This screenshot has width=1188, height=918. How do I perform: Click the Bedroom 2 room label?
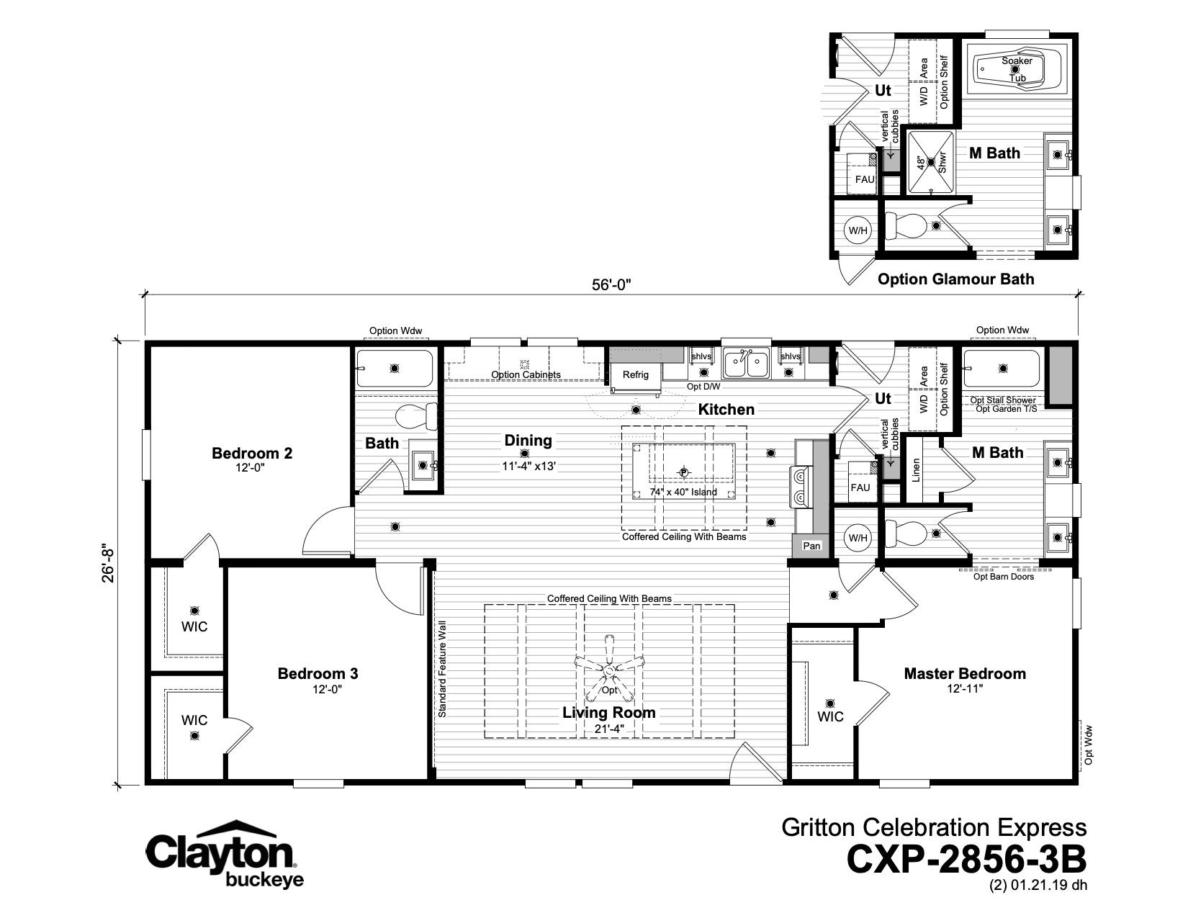(x=251, y=454)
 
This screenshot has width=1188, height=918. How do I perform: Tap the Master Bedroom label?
(x=964, y=674)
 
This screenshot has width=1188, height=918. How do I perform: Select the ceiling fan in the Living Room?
(x=610, y=668)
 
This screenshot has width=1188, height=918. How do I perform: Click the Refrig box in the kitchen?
(x=635, y=375)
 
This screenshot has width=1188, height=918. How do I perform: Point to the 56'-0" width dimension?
(x=611, y=285)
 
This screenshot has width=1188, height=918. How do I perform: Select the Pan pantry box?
(x=811, y=546)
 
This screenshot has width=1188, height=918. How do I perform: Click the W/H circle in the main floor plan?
(x=858, y=538)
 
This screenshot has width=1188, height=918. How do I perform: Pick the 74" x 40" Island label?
(x=683, y=492)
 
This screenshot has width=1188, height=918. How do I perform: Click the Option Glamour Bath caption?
(x=955, y=279)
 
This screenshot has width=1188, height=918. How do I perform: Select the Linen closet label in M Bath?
(x=916, y=470)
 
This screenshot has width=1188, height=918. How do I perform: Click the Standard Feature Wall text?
(x=442, y=669)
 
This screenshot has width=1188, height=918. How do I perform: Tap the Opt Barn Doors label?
(x=1003, y=576)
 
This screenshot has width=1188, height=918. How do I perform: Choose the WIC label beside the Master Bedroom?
(x=830, y=716)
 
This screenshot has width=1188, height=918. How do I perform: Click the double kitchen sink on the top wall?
(x=746, y=362)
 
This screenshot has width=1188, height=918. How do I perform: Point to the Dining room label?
(x=528, y=440)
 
